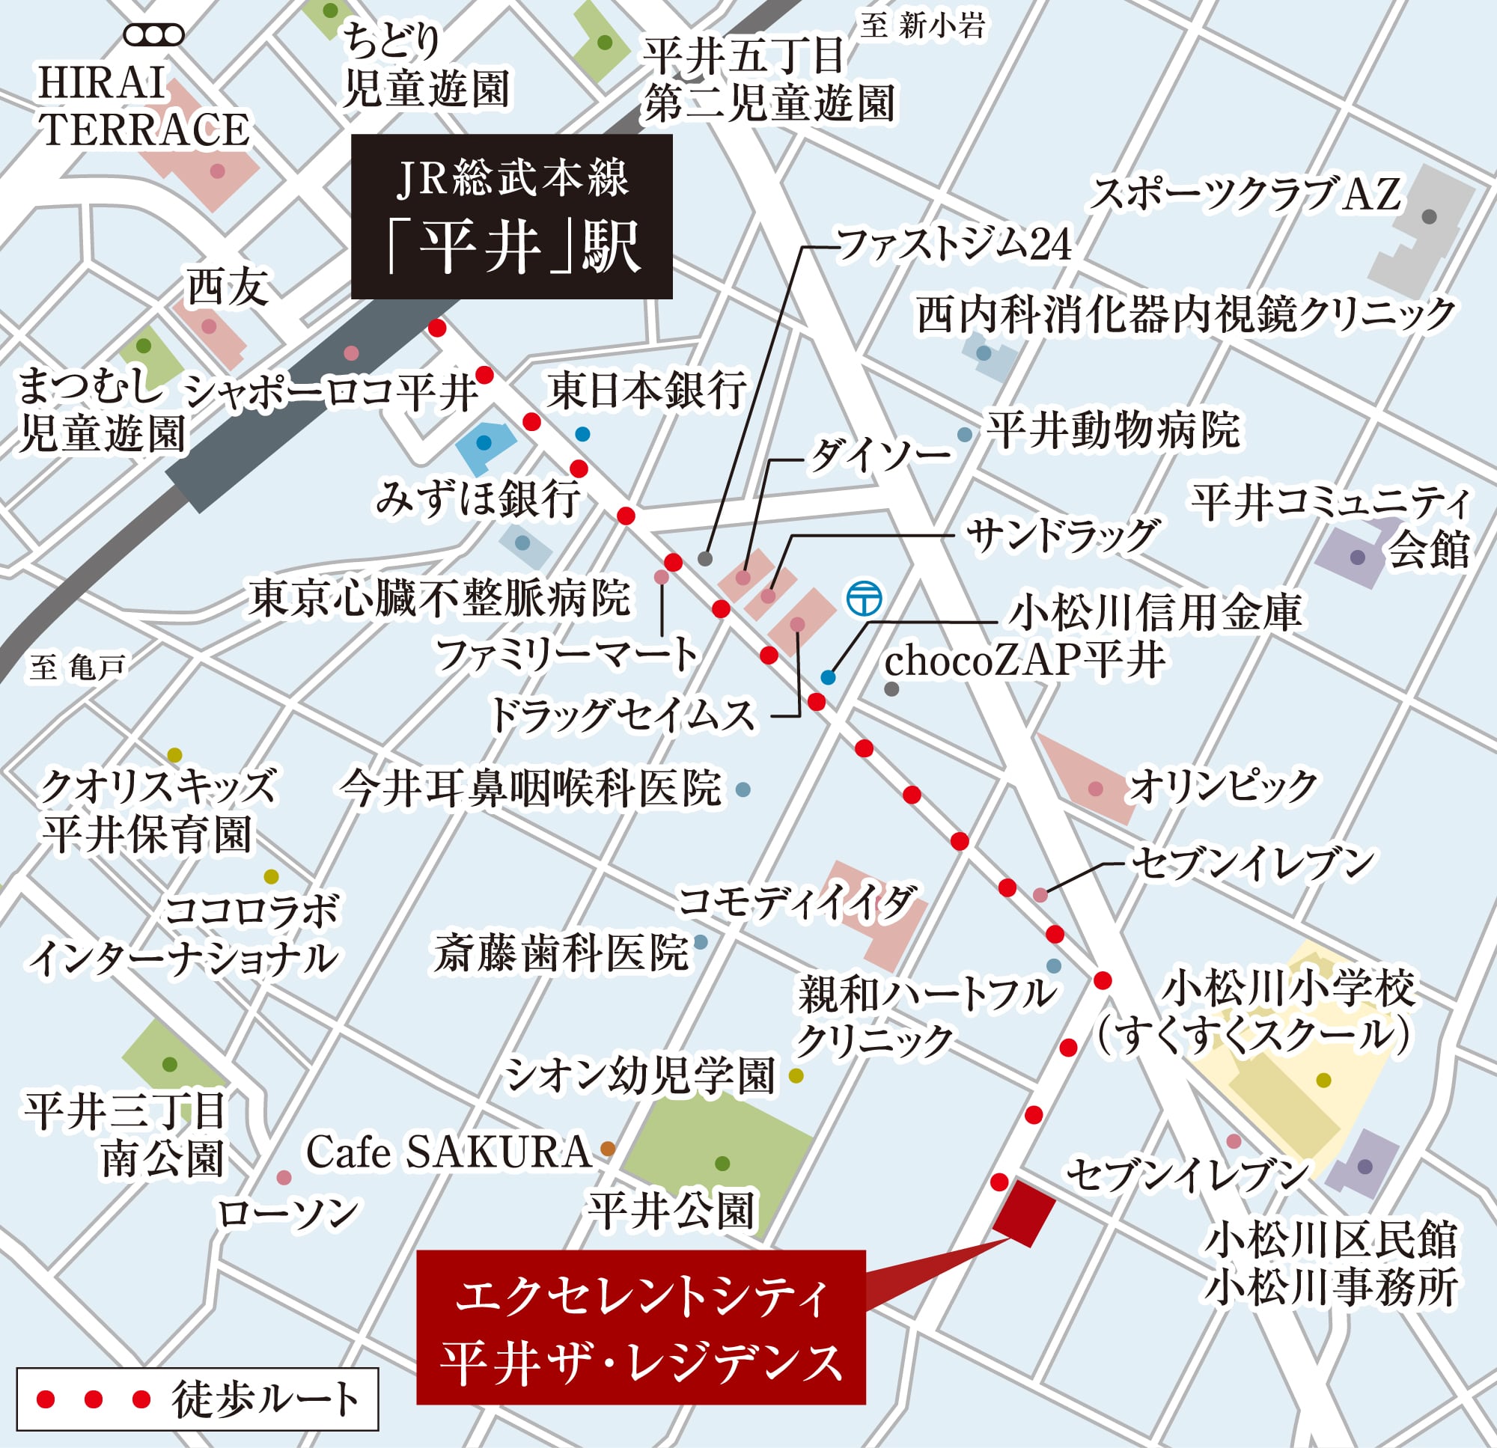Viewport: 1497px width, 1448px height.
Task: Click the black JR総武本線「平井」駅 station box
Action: point(511,216)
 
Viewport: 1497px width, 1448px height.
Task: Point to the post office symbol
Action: point(865,598)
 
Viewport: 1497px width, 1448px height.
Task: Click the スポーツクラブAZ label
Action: point(1246,194)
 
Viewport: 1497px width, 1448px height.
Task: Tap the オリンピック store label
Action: point(1224,786)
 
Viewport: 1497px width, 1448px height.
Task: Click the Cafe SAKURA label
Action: point(448,1152)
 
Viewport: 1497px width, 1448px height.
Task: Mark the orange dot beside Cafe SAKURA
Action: point(608,1148)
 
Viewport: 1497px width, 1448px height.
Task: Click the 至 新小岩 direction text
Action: point(922,26)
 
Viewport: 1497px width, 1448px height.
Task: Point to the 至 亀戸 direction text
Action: point(78,668)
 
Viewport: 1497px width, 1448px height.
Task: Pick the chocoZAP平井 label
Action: point(1025,661)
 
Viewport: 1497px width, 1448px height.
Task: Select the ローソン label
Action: point(288,1213)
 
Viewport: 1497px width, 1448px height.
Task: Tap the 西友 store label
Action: point(227,289)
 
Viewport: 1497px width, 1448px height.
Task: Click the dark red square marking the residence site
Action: point(1023,1212)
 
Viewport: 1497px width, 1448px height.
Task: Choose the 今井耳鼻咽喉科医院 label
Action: point(531,788)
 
